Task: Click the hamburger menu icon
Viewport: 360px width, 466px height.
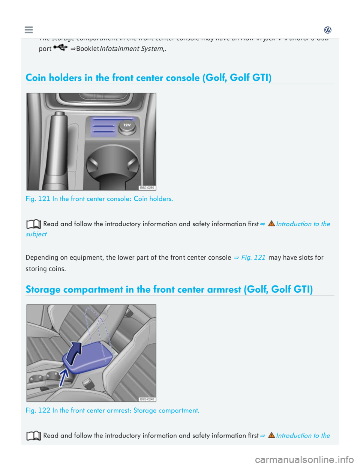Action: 28,30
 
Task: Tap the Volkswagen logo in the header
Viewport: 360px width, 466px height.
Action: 328,30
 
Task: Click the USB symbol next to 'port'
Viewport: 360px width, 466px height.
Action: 60,48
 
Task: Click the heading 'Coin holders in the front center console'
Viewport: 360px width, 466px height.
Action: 148,78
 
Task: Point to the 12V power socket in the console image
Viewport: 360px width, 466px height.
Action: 127,128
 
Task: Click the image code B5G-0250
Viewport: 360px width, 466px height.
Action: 147,188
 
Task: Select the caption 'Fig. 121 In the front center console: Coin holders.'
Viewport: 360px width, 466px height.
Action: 99,199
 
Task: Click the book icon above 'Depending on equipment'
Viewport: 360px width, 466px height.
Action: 34,224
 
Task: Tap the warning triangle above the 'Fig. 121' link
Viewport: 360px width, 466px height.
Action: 271,224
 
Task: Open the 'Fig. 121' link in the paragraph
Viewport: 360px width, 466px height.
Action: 253,257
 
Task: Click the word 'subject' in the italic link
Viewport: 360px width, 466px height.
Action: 36,234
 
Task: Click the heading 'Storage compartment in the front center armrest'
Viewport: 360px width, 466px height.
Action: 169,289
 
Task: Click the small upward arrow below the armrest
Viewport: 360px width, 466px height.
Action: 63,377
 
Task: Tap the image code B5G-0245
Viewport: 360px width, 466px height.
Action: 147,399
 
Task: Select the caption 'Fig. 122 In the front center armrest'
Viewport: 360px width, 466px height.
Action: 112,410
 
